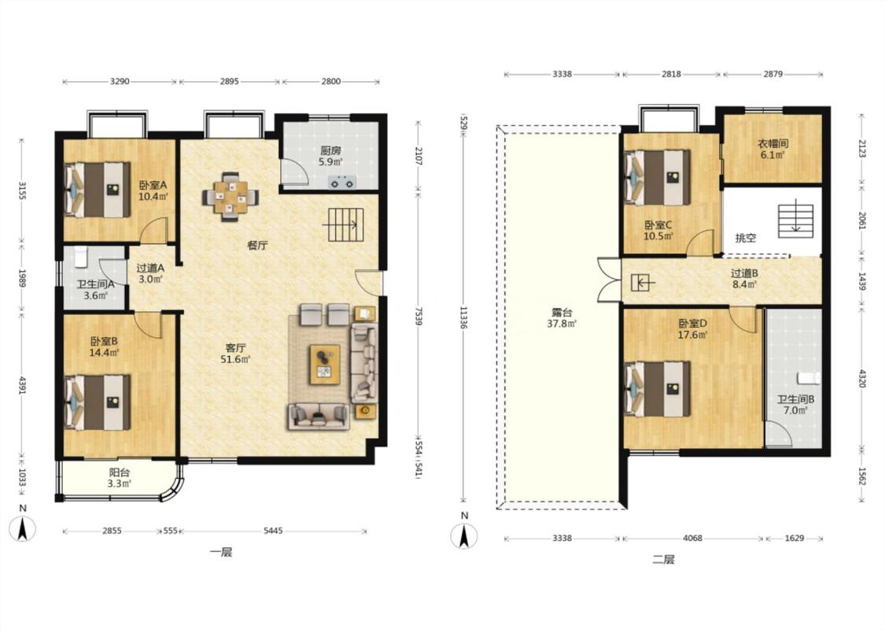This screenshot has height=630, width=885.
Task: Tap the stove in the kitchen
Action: point(343,183)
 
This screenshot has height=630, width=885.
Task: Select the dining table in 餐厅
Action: point(230,197)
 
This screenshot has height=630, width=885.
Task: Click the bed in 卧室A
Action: point(97,190)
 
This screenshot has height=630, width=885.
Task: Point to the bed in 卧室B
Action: point(97,402)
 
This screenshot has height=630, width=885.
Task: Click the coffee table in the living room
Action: point(325,365)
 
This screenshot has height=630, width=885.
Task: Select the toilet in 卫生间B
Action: point(808,377)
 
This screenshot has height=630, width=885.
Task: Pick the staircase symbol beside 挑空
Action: point(796,219)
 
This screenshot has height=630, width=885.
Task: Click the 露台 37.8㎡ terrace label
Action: point(562,318)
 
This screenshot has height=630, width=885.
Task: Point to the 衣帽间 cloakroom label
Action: point(773,149)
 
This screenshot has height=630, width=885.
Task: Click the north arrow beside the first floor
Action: point(23,524)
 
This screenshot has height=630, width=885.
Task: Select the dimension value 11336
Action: point(463,318)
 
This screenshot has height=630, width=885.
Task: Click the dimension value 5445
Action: point(273,531)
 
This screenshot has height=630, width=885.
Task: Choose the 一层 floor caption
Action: point(221,553)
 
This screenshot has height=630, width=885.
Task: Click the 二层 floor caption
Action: point(663,560)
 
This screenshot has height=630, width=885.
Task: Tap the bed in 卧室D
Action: point(658,389)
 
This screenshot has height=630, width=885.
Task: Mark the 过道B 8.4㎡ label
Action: point(744,279)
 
